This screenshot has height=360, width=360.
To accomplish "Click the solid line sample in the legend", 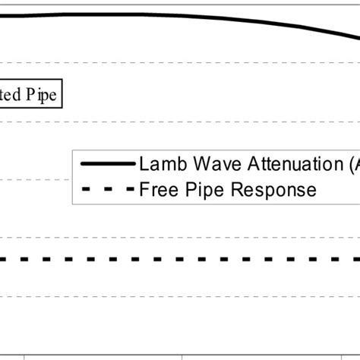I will (x=106, y=164).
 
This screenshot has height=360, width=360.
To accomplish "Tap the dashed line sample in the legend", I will (x=106, y=189).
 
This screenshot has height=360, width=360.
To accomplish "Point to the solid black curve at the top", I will (x=152, y=15).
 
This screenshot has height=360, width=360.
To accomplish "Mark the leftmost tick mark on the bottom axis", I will (x=24, y=355).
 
